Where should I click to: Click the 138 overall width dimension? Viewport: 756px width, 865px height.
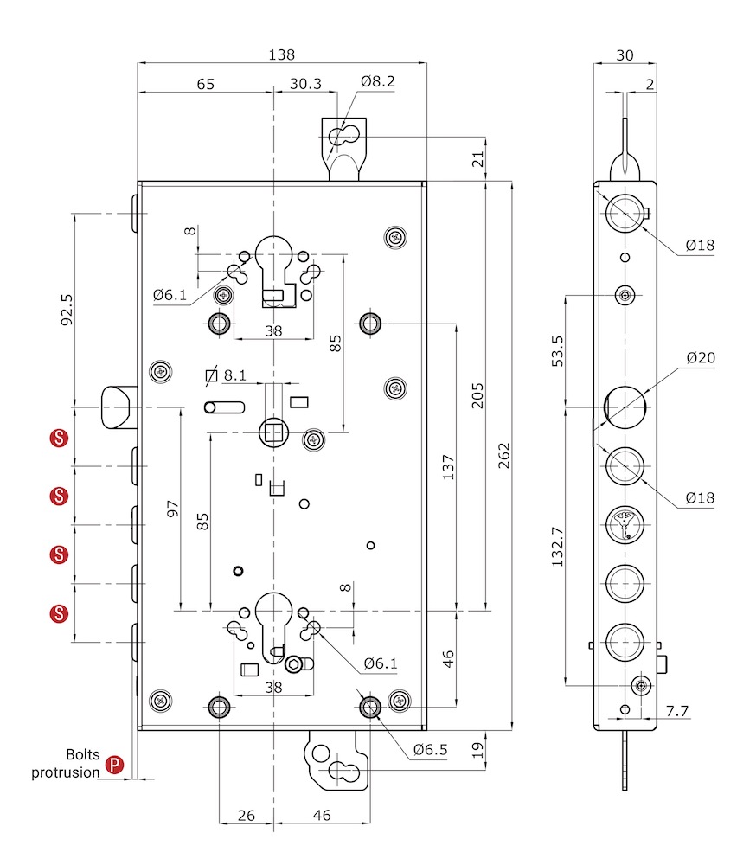point(281,54)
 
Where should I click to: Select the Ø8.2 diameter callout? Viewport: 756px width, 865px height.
point(378,81)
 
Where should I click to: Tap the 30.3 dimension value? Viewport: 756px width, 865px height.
point(305,84)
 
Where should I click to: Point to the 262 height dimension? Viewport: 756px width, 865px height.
point(504,456)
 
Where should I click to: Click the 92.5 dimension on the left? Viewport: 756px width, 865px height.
point(67,310)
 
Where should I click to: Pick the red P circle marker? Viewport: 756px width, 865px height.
point(114,765)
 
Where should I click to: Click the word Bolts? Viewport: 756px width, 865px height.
point(83,754)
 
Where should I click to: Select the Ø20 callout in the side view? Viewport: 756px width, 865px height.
point(701,358)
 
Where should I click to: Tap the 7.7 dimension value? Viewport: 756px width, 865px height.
point(677,711)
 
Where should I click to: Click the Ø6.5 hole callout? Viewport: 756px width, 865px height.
point(431,750)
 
